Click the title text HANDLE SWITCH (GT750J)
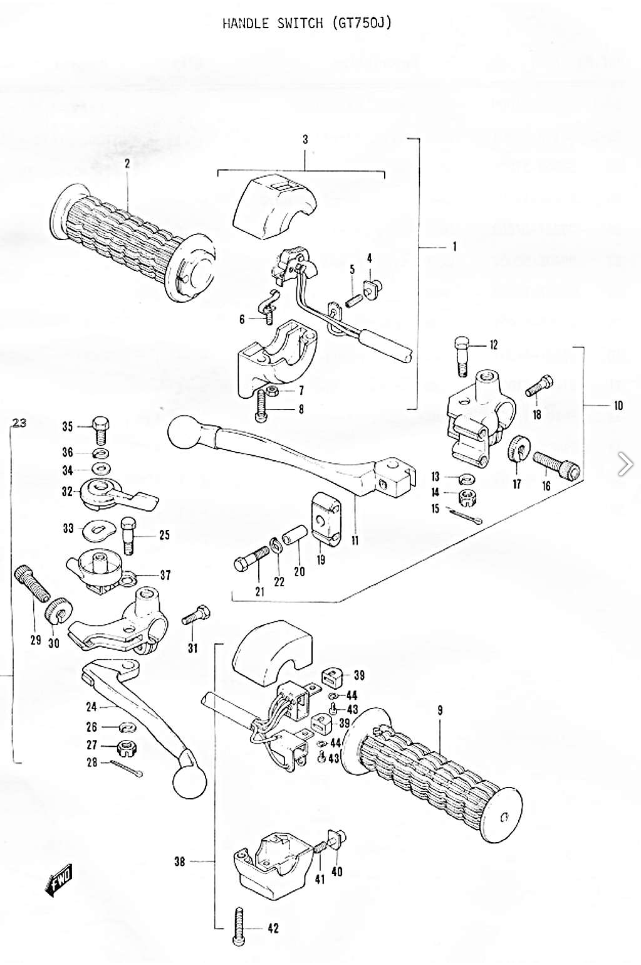click(x=307, y=23)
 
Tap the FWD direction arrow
click(x=60, y=879)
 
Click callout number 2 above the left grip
click(x=127, y=164)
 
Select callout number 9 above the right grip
click(x=440, y=710)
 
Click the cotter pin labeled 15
click(x=466, y=515)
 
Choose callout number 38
click(x=180, y=862)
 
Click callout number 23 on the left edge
click(x=19, y=423)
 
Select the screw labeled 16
click(x=556, y=465)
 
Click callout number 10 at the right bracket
click(x=618, y=406)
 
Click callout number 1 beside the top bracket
click(x=454, y=247)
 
